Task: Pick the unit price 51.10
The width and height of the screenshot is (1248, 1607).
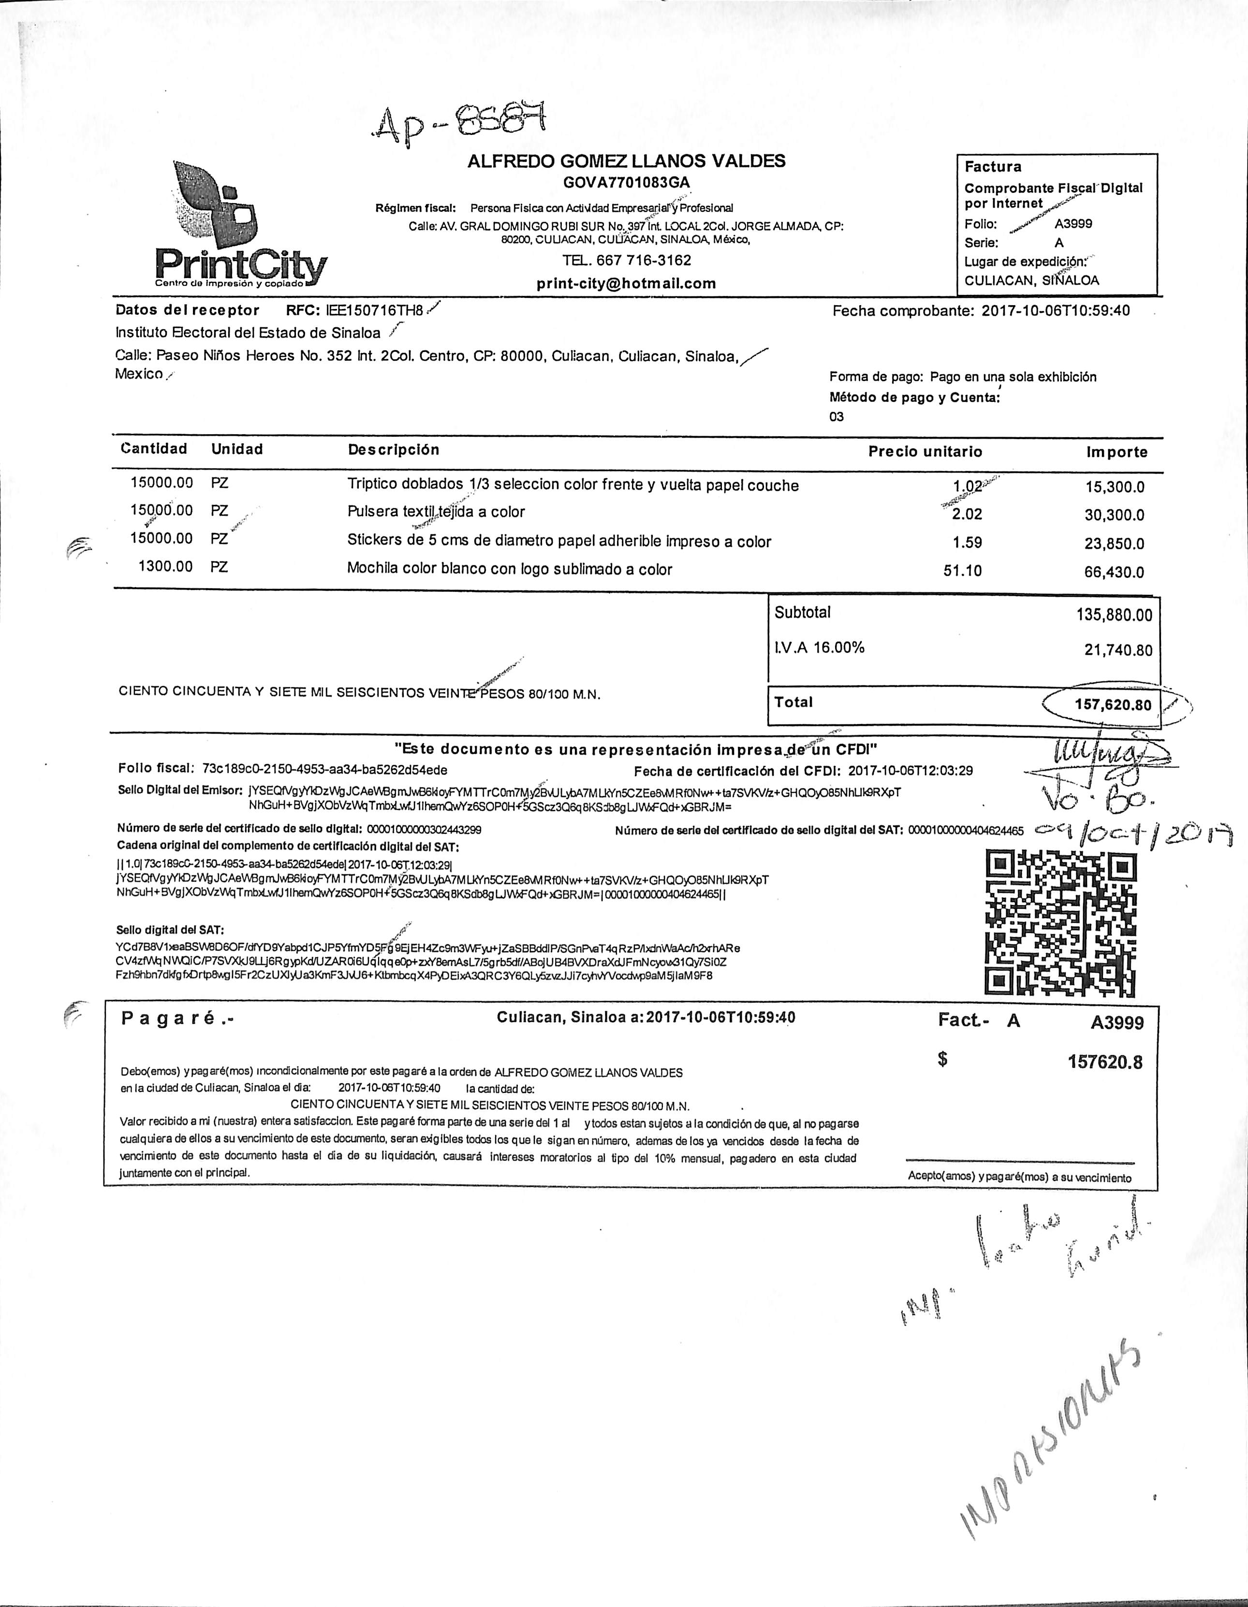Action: [x=963, y=570]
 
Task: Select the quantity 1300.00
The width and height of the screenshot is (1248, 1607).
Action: [x=165, y=567]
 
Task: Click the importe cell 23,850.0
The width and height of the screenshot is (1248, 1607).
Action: [x=1114, y=544]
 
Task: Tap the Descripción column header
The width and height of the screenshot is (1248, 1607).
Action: [x=394, y=450]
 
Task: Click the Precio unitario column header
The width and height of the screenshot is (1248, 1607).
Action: [x=925, y=451]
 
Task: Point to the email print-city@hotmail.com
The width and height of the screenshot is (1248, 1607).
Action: [x=626, y=283]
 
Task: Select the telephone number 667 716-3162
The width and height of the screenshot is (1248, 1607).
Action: [x=626, y=261]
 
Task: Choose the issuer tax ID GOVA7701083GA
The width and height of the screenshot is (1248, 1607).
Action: [x=626, y=182]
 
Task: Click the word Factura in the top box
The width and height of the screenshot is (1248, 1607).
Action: [x=993, y=167]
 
